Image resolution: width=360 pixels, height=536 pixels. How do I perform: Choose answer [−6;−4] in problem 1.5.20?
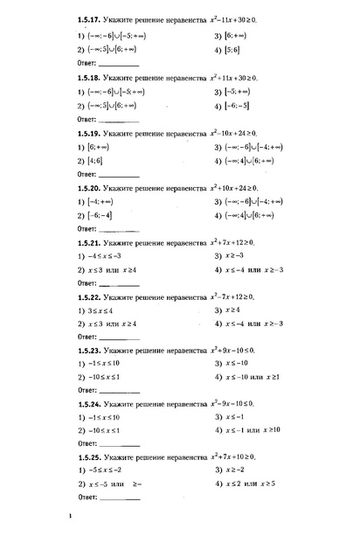click(x=100, y=215)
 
